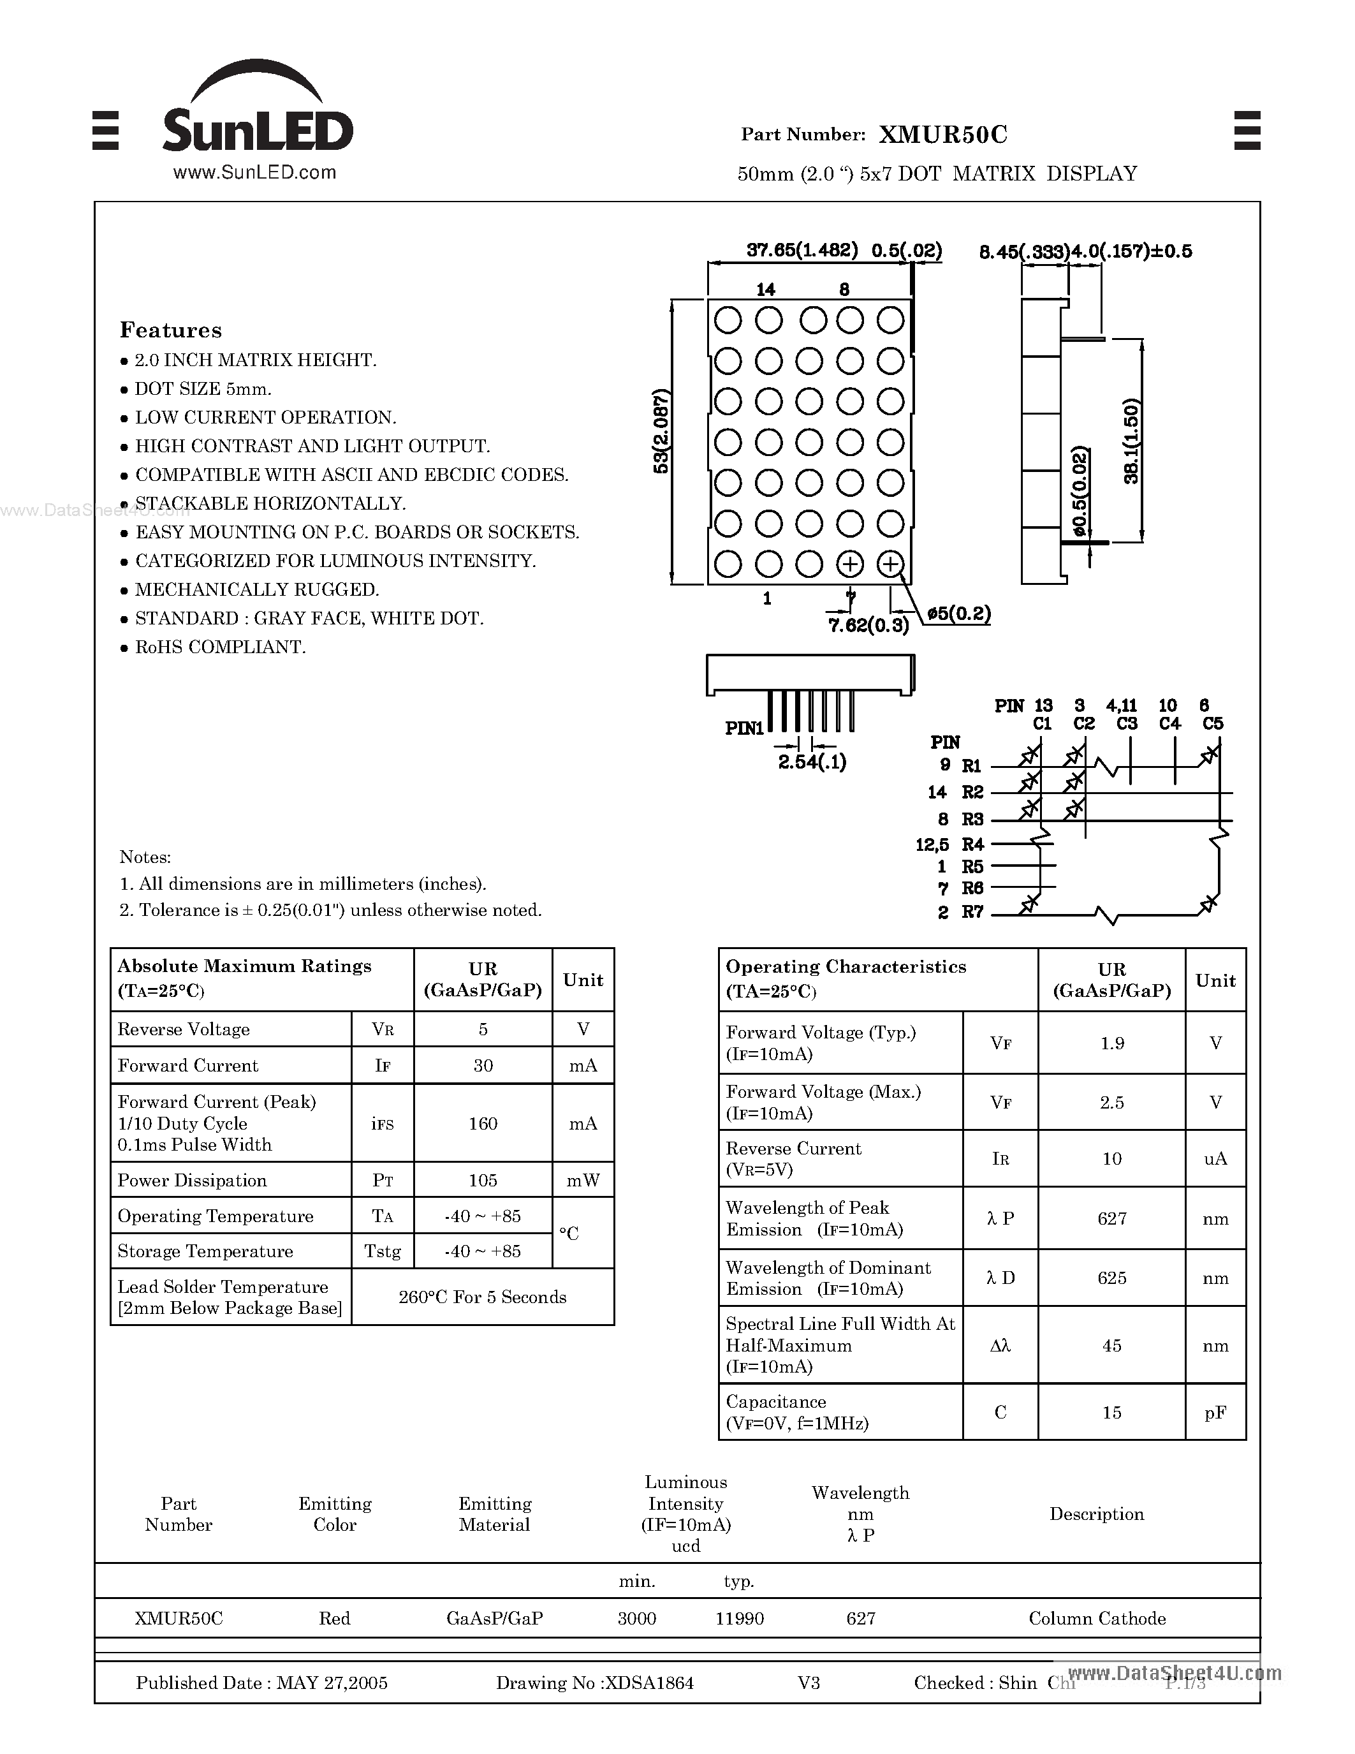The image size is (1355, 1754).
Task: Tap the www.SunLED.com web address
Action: coord(254,172)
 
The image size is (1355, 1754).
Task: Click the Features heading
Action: coord(170,330)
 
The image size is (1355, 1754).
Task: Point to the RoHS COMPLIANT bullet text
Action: coord(220,647)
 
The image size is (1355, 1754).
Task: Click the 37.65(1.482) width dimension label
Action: coord(802,251)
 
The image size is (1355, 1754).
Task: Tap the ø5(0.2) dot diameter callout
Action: coord(958,614)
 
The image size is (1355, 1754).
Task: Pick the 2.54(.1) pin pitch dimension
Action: coord(812,762)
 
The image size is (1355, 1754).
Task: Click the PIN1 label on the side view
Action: coord(744,728)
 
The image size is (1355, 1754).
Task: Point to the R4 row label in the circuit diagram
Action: coord(973,844)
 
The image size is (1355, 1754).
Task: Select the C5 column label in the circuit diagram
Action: coord(1212,724)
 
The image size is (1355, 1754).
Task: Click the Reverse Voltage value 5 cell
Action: coord(483,1029)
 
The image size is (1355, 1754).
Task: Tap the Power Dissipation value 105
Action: coord(483,1180)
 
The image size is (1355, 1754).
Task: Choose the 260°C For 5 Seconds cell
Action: coord(483,1297)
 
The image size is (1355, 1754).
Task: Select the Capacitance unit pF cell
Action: coord(1215,1413)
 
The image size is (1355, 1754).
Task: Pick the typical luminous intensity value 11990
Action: coord(739,1618)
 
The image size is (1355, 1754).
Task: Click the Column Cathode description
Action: coord(1097,1618)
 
